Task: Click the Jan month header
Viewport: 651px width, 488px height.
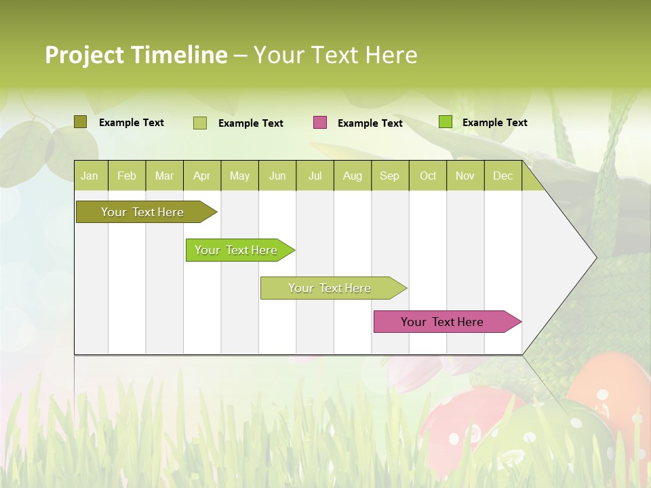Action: coord(90,176)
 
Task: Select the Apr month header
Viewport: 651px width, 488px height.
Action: coord(201,176)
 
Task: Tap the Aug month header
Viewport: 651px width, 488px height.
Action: coord(352,176)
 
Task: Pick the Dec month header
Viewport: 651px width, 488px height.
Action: coord(502,176)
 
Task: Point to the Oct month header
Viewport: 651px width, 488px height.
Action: coord(428,176)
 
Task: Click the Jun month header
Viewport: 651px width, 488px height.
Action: coord(277,176)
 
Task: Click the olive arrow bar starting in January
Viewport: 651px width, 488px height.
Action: coord(142,212)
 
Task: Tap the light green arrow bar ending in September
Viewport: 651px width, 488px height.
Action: coord(330,288)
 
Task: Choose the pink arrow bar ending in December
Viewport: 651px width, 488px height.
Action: coord(442,322)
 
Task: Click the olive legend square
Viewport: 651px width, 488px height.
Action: coord(80,122)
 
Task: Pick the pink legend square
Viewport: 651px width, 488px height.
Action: coord(320,123)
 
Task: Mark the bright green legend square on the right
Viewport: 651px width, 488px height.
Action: coord(446,122)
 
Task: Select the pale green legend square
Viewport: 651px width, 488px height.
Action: coord(200,123)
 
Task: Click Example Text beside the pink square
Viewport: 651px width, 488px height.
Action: coord(370,123)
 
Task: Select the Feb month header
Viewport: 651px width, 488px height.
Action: coord(127,176)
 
